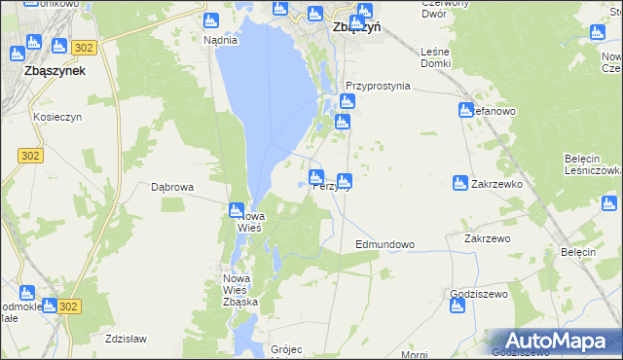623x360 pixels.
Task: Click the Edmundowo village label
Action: pyautogui.click(x=385, y=244)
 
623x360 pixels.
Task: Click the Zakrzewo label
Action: pyautogui.click(x=488, y=237)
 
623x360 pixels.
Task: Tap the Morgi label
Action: pyautogui.click(x=414, y=354)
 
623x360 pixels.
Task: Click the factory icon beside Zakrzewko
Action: pyautogui.click(x=459, y=182)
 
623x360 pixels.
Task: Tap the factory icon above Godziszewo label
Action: pyautogui.click(x=457, y=307)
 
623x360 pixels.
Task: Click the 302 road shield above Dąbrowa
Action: pyautogui.click(x=30, y=155)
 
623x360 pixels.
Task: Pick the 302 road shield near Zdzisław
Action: pyautogui.click(x=67, y=306)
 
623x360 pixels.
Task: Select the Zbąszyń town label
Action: pyautogui.click(x=355, y=27)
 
